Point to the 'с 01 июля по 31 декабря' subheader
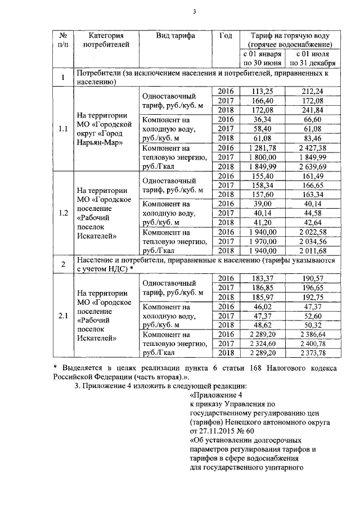point(311,58)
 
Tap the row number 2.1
point(64,316)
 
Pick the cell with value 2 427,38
point(311,147)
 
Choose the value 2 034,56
point(311,241)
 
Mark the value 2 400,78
point(311,343)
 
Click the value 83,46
point(311,138)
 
